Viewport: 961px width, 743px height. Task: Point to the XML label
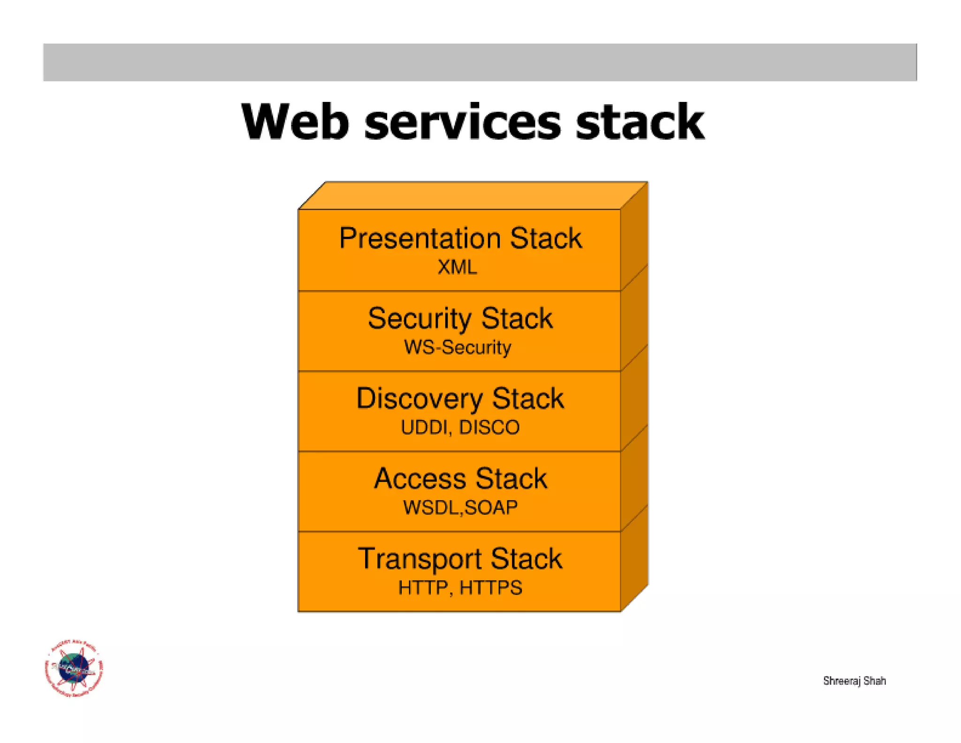point(457,267)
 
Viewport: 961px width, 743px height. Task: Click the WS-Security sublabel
point(457,348)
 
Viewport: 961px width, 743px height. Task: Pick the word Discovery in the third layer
point(419,399)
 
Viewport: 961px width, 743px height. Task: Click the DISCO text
point(489,427)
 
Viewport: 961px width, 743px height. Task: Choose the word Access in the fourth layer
point(414,479)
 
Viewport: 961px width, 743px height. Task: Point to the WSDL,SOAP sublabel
point(460,508)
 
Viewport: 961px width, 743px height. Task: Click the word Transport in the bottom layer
point(419,559)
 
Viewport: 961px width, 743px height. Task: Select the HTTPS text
point(490,588)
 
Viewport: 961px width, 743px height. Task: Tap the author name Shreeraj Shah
point(854,681)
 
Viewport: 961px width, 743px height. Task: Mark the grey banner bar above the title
point(480,62)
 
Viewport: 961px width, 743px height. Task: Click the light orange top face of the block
point(473,195)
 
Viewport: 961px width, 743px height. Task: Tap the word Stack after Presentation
point(546,238)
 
